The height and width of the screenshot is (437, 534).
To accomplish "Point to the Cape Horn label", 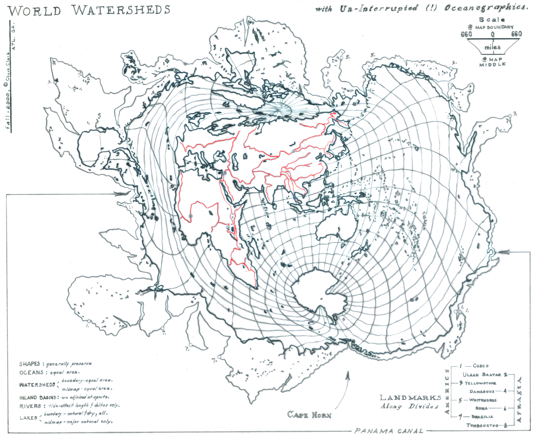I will point(309,415).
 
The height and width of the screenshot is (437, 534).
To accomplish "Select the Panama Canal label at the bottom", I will point(389,431).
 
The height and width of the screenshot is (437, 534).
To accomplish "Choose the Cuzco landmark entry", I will point(480,366).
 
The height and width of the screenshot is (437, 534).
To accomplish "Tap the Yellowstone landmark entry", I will point(480,383).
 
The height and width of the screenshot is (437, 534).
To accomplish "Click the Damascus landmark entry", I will point(482,392).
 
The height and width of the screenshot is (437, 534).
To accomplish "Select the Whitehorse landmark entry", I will point(483,400).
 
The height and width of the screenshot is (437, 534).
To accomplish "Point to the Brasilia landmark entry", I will point(482,417).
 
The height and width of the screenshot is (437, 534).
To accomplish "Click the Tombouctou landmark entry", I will point(482,425).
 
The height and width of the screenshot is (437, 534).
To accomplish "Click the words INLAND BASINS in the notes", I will point(39,398).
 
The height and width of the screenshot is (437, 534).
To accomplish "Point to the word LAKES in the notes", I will point(28,418).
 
